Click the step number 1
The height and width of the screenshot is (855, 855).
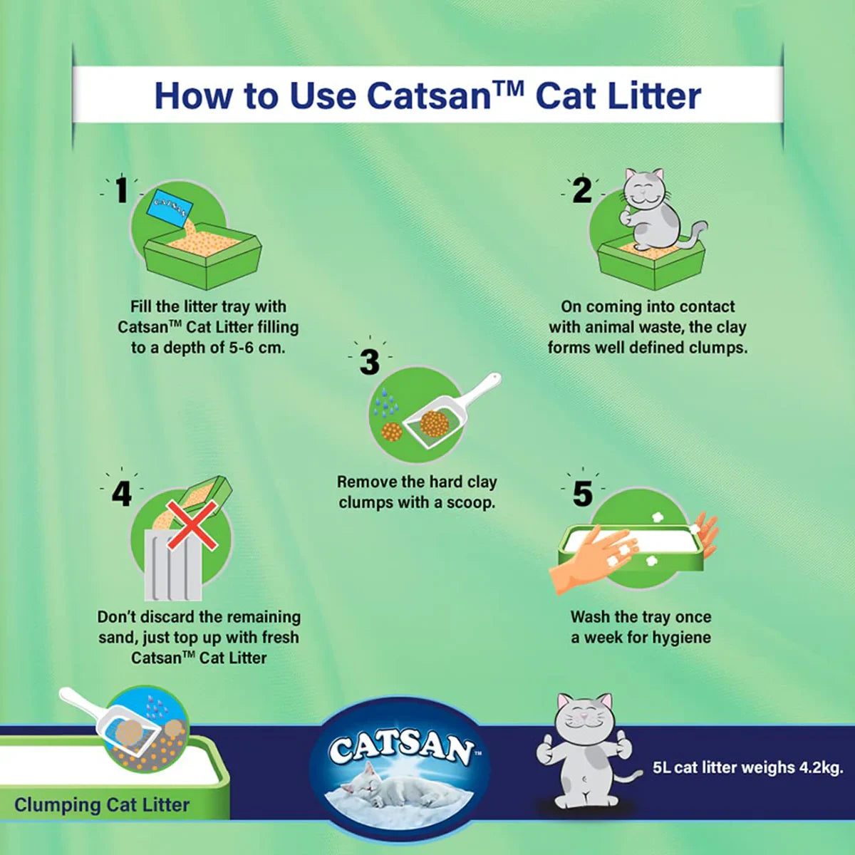[x=122, y=190]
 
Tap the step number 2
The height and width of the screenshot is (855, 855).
[x=582, y=190]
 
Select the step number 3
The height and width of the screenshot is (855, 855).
[x=369, y=362]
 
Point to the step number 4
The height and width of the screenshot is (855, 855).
[x=122, y=493]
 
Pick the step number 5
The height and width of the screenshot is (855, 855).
[x=582, y=493]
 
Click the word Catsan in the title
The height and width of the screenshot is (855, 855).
[x=427, y=95]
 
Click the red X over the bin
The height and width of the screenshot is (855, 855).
[x=192, y=526]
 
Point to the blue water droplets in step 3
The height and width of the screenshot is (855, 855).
[x=385, y=403]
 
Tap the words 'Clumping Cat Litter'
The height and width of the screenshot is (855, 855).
[x=102, y=805]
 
